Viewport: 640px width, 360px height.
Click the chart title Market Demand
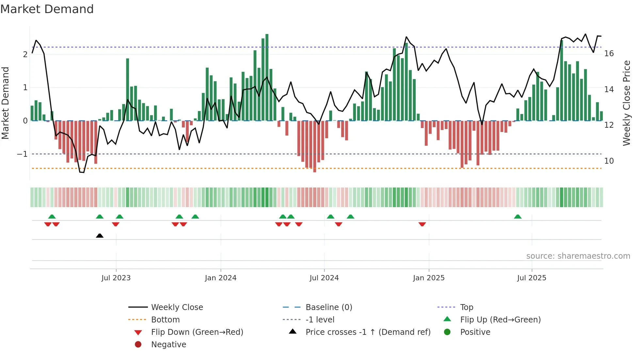[47, 9]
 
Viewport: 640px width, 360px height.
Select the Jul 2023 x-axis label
[116, 278]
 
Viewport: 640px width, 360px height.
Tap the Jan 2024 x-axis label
[220, 278]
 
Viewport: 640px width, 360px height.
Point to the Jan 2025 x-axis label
[428, 278]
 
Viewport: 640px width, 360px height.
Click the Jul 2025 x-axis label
[532, 278]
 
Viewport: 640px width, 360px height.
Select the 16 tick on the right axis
[609, 54]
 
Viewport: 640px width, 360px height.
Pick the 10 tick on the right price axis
[609, 161]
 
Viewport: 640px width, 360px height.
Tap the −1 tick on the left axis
[22, 154]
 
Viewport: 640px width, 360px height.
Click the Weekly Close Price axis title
[626, 103]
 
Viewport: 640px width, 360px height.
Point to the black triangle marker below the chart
[100, 236]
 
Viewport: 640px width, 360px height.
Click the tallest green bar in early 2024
[267, 77]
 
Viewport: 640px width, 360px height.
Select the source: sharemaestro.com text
[578, 256]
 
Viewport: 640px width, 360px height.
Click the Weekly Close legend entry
[177, 307]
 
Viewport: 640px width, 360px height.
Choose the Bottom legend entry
[165, 320]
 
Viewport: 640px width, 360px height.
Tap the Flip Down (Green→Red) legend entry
[197, 332]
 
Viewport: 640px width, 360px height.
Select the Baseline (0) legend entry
[328, 307]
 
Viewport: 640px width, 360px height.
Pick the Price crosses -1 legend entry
[368, 332]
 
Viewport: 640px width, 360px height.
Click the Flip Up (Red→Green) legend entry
[500, 320]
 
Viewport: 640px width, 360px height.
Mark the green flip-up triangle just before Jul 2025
[518, 217]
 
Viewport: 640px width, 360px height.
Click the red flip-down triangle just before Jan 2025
[422, 224]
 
